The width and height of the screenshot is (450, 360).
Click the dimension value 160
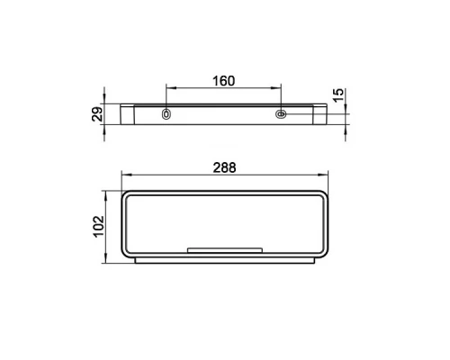pos(224,81)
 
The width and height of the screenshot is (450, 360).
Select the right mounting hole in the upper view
pos(281,114)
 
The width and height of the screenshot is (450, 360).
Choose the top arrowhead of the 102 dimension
pos(109,193)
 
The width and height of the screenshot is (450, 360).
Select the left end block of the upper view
pos(128,115)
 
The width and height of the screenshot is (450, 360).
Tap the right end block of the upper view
pos(320,115)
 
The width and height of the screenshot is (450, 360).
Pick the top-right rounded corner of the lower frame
pos(325,194)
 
